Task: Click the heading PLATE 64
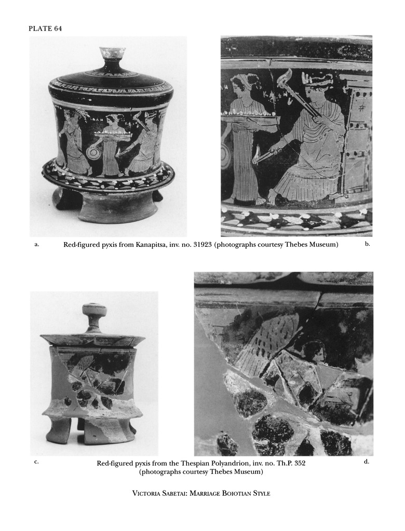point(46,29)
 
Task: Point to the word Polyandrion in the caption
point(205,463)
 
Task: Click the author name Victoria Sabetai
point(160,494)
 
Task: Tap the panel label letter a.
point(37,244)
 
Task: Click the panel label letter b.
point(367,244)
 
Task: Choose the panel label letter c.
point(36,462)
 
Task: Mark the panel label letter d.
point(367,461)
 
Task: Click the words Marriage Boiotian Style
point(230,494)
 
